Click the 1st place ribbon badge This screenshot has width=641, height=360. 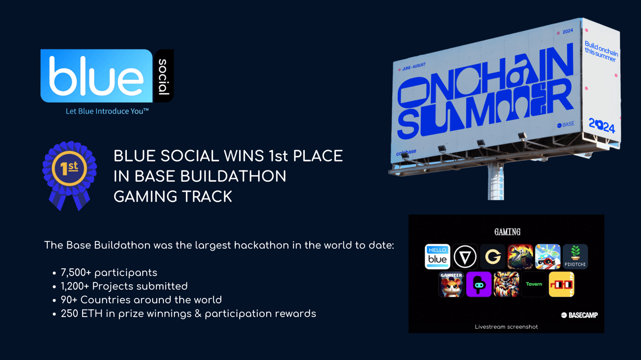[x=70, y=175]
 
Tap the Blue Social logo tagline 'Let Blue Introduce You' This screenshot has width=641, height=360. [x=107, y=111]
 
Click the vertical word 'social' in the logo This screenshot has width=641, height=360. [x=163, y=77]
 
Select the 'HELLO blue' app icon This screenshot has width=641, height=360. [x=437, y=257]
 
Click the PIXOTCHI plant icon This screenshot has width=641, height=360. [x=575, y=257]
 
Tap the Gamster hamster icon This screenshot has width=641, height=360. [x=451, y=284]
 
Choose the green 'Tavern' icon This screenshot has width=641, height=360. [x=534, y=284]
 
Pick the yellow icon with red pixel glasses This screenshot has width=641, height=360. [x=562, y=284]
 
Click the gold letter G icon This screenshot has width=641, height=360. [x=492, y=257]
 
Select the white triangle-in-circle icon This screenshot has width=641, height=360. [x=465, y=257]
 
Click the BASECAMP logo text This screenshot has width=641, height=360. [x=580, y=315]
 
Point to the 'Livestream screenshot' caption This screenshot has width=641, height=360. [x=506, y=327]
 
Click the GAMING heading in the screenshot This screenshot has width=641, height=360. [x=507, y=231]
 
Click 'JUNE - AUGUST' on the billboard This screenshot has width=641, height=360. [x=414, y=67]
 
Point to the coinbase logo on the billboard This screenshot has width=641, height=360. [x=406, y=152]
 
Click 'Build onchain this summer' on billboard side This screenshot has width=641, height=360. [x=601, y=51]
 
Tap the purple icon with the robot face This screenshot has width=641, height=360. [x=479, y=284]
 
